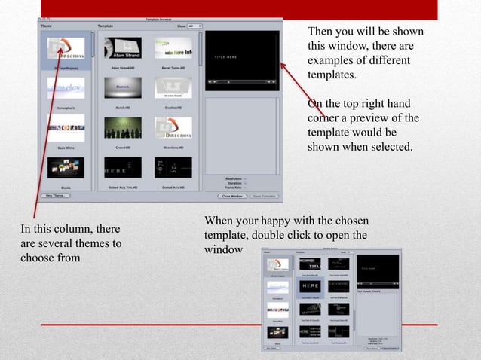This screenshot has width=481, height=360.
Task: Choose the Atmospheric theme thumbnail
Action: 66,88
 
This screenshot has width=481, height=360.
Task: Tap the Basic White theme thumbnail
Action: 66,127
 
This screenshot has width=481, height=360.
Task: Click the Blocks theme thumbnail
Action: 66,167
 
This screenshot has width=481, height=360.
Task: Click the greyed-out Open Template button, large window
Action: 263,196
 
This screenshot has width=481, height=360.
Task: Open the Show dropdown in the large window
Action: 194,26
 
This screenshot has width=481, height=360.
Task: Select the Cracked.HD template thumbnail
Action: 173,87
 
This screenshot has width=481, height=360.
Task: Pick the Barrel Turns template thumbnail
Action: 173,47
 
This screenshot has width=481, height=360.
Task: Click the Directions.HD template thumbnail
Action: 173,127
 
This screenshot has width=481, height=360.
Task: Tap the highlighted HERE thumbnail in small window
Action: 311,286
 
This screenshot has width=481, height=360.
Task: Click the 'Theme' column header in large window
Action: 47,26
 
